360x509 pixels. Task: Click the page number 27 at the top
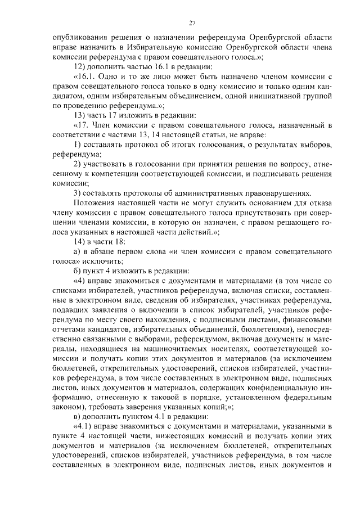[x=192, y=23]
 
